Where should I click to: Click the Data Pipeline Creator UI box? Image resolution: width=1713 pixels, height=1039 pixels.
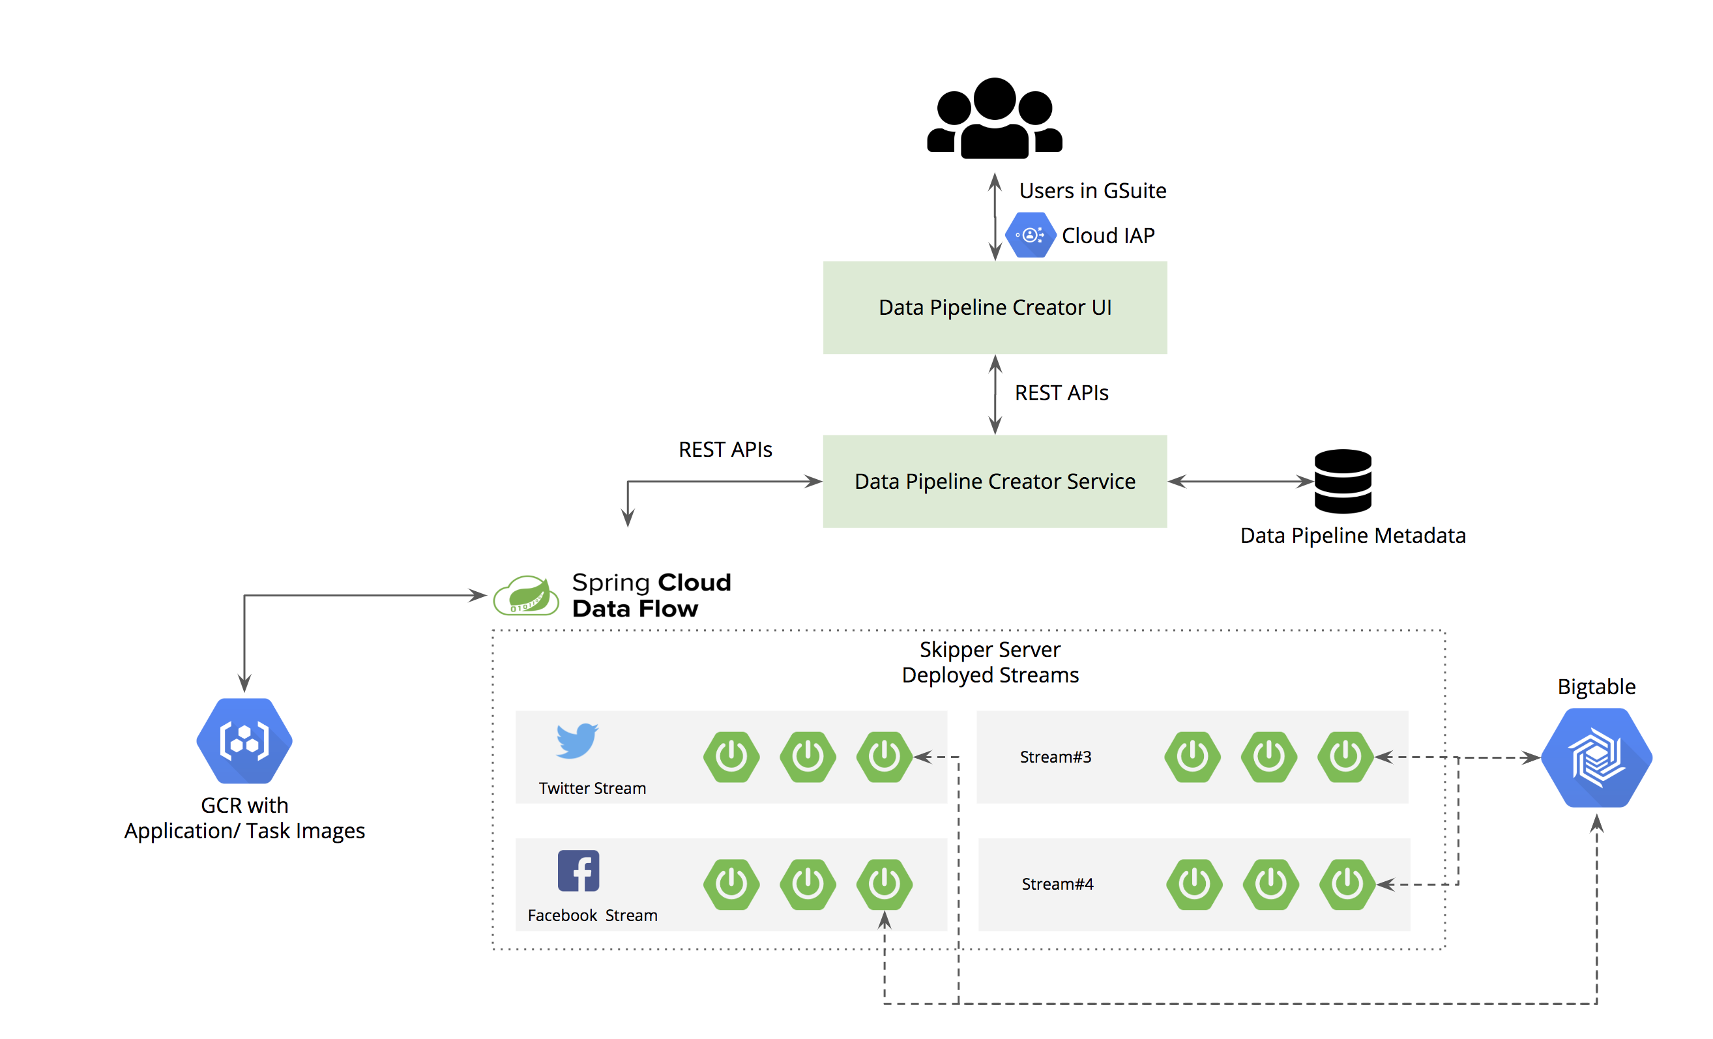point(995,307)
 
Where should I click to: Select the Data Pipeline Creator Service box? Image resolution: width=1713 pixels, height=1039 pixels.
point(995,481)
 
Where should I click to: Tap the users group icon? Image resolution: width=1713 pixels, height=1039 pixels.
point(995,118)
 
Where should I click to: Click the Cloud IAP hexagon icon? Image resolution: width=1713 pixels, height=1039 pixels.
point(1031,235)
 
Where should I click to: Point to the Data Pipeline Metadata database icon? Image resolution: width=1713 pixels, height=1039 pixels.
point(1343,481)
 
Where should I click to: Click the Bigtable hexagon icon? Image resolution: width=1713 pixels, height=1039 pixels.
point(1596,757)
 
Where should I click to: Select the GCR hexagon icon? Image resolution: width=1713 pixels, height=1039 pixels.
point(244,741)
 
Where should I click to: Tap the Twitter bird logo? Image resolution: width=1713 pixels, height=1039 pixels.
point(577,740)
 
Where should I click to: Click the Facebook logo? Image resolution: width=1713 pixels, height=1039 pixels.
point(578,870)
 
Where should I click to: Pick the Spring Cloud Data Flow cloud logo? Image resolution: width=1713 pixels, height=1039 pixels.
point(526,596)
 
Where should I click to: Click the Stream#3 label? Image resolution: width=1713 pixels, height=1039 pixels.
point(1055,757)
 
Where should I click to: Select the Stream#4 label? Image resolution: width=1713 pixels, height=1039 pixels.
point(1057,884)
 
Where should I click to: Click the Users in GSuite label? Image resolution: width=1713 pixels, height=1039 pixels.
point(1092,190)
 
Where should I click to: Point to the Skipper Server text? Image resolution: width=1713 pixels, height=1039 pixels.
point(990,649)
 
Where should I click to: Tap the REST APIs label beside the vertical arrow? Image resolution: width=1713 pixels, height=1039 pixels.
point(1061,392)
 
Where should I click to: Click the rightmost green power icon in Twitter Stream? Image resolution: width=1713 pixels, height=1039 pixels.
point(885,757)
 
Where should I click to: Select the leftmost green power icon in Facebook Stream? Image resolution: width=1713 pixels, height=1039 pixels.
point(731,884)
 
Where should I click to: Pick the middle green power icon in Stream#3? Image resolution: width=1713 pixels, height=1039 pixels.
point(1268,757)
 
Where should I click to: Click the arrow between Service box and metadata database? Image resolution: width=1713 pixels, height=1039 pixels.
point(1240,481)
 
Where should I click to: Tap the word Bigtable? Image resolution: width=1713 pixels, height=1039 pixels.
point(1596,686)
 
